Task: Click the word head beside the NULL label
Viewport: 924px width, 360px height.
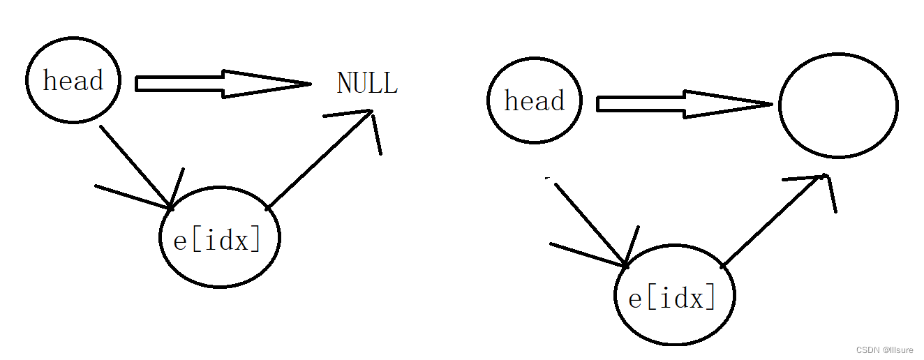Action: click(x=73, y=81)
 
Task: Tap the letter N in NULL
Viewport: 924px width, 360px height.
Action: click(x=344, y=83)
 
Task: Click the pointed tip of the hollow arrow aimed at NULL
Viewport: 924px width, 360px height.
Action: click(x=308, y=84)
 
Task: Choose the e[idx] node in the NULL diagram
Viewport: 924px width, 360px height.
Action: click(x=219, y=238)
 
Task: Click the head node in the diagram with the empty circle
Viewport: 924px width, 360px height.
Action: click(x=534, y=102)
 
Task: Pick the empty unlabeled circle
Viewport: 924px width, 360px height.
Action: click(x=837, y=105)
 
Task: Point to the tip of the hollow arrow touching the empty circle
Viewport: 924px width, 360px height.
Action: click(x=770, y=105)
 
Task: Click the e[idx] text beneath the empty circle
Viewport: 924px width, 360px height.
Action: click(x=672, y=298)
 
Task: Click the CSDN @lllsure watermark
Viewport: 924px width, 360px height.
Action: click(x=885, y=350)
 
